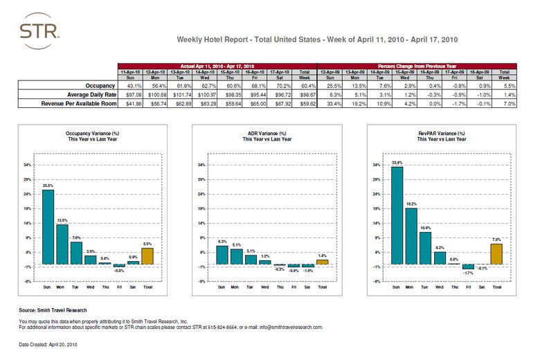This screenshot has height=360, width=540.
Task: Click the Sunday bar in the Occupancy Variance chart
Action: [48, 226]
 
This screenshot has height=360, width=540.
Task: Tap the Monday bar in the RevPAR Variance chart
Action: [411, 236]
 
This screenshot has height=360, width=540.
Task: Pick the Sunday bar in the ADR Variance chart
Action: [222, 255]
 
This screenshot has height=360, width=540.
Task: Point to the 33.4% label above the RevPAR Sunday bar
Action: [397, 163]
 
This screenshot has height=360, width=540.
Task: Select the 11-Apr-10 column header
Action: [132, 71]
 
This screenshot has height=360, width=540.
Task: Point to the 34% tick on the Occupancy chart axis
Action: [26, 165]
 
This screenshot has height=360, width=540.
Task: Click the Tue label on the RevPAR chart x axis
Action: [425, 285]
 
